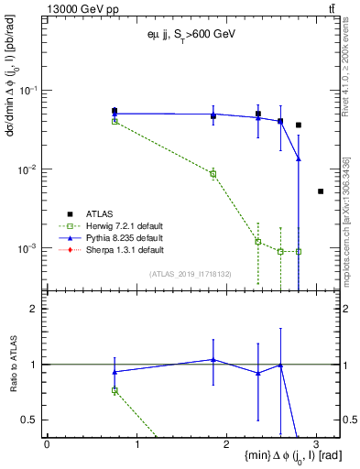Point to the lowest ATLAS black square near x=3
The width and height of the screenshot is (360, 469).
click(x=321, y=191)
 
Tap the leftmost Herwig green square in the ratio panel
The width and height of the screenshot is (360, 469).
click(x=115, y=390)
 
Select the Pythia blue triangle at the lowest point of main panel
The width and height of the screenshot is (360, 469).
click(x=299, y=158)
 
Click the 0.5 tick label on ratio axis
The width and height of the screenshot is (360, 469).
click(x=32, y=420)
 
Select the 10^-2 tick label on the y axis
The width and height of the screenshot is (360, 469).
click(x=29, y=169)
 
